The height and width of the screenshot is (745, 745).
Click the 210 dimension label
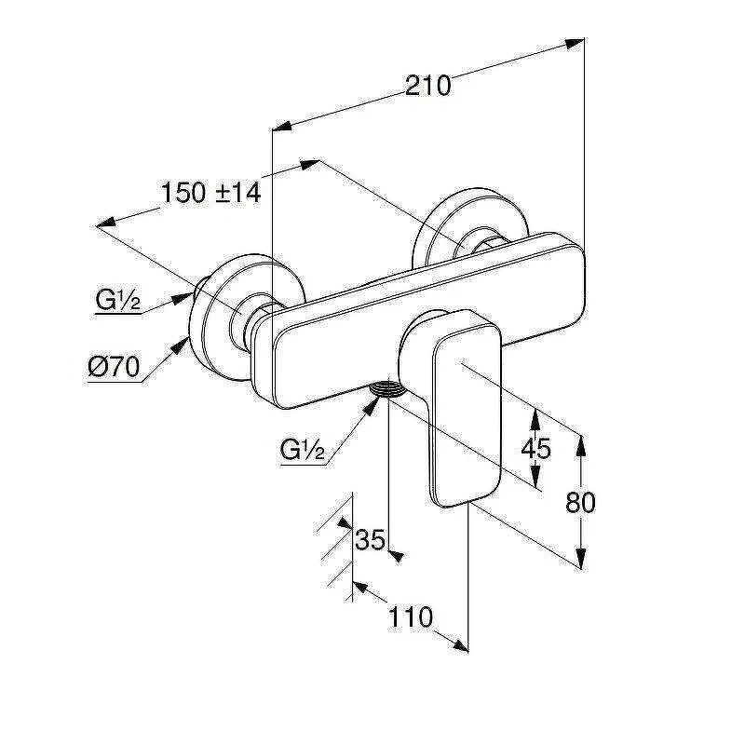(x=427, y=86)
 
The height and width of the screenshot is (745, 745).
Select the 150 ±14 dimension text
(x=211, y=193)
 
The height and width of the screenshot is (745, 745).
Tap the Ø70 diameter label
(x=114, y=367)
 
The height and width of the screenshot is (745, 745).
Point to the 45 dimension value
(x=535, y=448)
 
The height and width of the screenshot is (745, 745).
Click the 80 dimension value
(x=580, y=502)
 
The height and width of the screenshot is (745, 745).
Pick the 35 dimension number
(x=370, y=539)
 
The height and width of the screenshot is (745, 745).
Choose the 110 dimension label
(x=411, y=617)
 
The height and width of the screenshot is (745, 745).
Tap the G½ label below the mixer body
(x=302, y=449)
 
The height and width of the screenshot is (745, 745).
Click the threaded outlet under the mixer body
(x=387, y=388)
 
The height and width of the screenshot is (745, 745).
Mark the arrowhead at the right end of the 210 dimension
(x=575, y=43)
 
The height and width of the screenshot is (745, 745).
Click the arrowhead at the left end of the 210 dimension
(x=281, y=127)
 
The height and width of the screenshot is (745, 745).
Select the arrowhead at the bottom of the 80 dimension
(x=580, y=558)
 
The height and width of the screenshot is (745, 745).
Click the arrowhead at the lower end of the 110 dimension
(x=459, y=645)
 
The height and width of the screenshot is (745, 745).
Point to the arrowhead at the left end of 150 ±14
(x=106, y=223)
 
